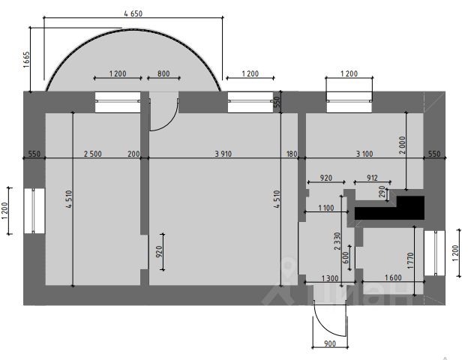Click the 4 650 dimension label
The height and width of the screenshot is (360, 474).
pyautogui.click(x=133, y=13)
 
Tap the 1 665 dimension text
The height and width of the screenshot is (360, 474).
pyautogui.click(x=26, y=59)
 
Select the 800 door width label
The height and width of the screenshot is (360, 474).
pyautogui.click(x=163, y=73)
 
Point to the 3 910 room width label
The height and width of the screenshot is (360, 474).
pyautogui.click(x=223, y=154)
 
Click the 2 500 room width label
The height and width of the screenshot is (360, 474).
pyautogui.click(x=92, y=154)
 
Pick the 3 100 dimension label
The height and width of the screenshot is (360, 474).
pyautogui.click(x=364, y=154)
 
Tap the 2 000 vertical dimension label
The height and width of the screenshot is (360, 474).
pyautogui.click(x=402, y=145)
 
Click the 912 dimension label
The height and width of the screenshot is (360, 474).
pyautogui.click(x=372, y=178)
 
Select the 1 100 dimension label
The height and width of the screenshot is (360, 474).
pyautogui.click(x=325, y=208)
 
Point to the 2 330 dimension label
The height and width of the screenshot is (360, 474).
pyautogui.click(x=337, y=241)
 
